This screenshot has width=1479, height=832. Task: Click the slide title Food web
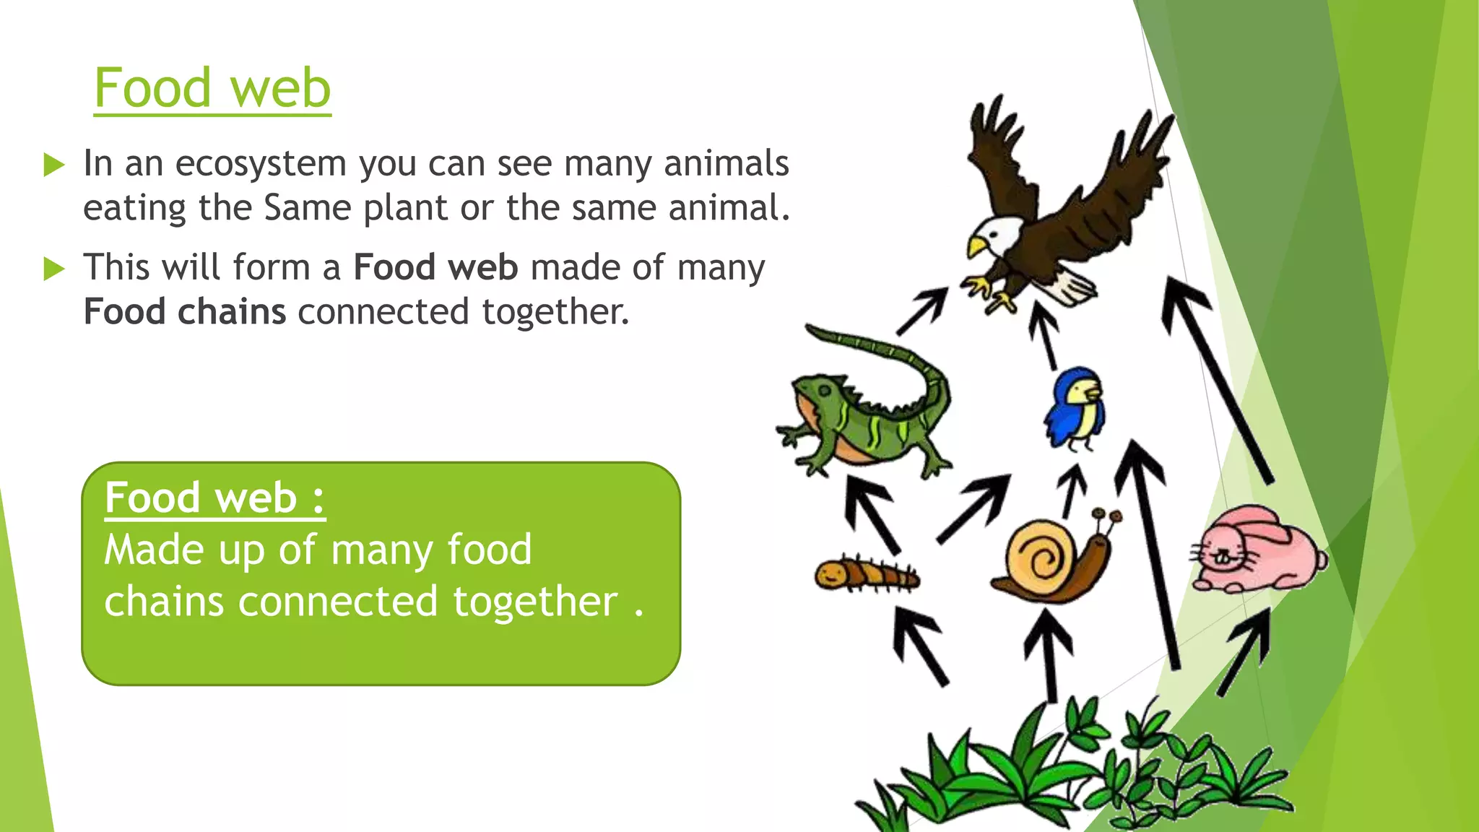pyautogui.click(x=212, y=88)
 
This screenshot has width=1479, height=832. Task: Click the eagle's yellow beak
pyautogui.click(x=976, y=248)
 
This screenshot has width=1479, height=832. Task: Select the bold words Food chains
pyautogui.click(x=185, y=312)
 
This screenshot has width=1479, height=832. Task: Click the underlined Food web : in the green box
pyautogui.click(x=214, y=498)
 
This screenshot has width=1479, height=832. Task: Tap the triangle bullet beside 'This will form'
pyautogui.click(x=54, y=269)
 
